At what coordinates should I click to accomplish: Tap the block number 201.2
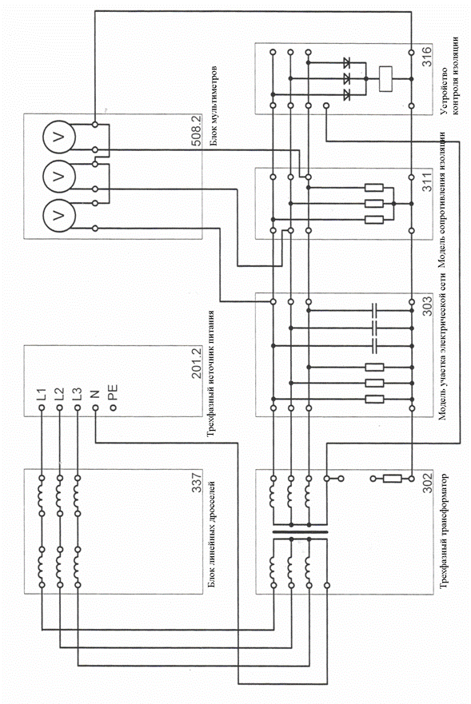(x=197, y=363)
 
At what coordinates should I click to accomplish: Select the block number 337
(x=197, y=482)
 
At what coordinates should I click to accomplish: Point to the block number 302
(x=427, y=482)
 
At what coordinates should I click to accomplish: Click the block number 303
(x=427, y=305)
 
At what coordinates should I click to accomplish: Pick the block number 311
(x=427, y=181)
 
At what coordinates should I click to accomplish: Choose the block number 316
(x=427, y=56)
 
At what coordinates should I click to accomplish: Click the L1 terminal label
(x=41, y=394)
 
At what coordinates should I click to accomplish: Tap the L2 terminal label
(x=59, y=394)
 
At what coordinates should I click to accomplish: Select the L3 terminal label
(x=77, y=394)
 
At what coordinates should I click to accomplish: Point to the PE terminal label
(x=113, y=392)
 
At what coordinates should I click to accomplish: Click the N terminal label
(x=95, y=394)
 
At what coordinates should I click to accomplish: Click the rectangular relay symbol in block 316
(x=385, y=79)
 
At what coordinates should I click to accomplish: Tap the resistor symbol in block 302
(x=393, y=479)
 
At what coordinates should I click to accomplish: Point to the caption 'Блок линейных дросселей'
(x=212, y=535)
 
